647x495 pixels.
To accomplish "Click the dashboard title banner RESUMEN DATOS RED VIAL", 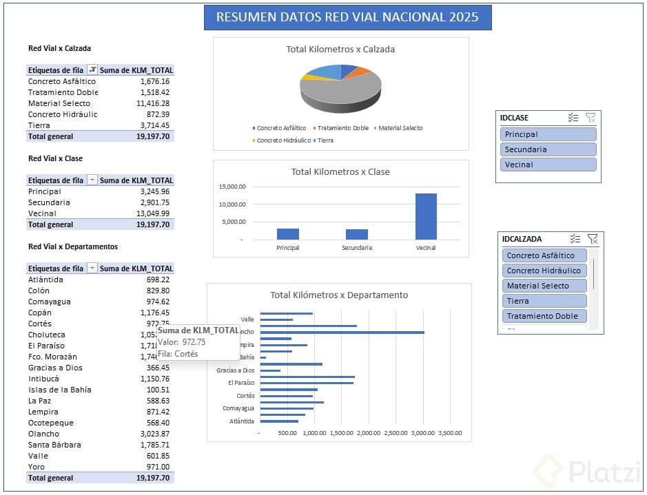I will (x=347, y=17).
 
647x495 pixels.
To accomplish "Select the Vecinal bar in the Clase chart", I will (x=425, y=216).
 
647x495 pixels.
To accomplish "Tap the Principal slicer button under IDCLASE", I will (x=548, y=134).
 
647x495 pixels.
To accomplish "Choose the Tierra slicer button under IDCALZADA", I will (x=544, y=301).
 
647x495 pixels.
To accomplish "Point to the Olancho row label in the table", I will (x=43, y=434).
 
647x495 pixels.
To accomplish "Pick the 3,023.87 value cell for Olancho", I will (x=155, y=434).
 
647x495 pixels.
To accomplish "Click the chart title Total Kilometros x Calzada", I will (x=340, y=50).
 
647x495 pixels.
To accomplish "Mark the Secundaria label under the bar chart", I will (x=356, y=248).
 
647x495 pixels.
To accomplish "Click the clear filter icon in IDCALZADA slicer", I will (x=592, y=239).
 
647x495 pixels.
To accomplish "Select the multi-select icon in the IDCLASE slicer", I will (x=573, y=118).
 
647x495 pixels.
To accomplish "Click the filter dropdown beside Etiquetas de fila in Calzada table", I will (x=92, y=70).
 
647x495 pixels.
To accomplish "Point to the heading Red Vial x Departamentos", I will (x=72, y=246).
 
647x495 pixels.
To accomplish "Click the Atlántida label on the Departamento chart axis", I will (x=242, y=421).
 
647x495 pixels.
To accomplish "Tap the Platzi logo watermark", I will (x=586, y=472).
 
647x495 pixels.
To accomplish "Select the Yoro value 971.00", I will (x=158, y=467).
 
